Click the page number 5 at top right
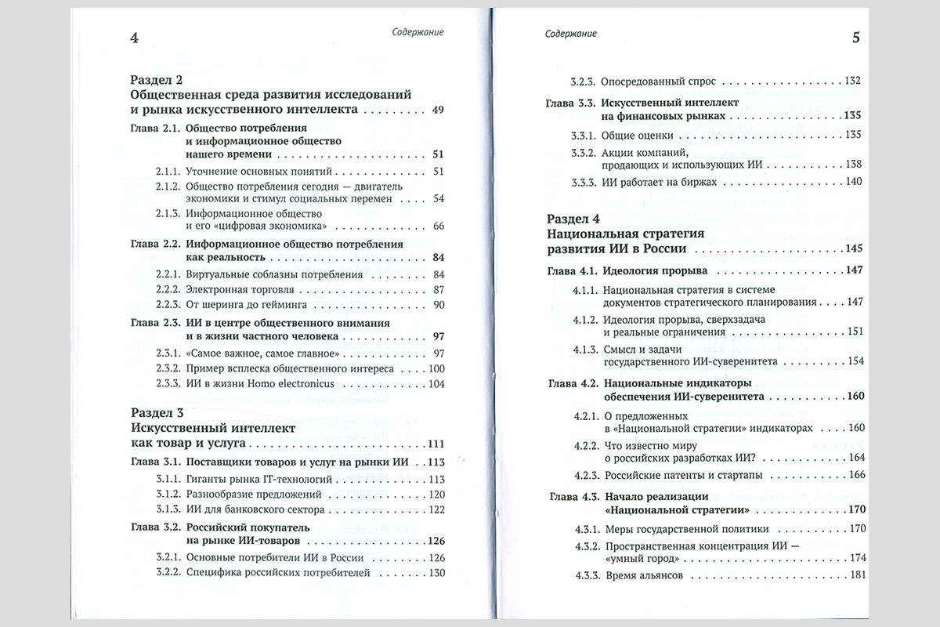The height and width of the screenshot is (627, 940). coord(855,38)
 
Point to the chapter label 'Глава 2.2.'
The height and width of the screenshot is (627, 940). coord(155,244)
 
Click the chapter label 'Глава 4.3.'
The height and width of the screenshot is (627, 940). coord(574,496)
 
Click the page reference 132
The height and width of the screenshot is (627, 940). coord(853,81)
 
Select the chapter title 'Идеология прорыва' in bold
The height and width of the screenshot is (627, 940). coord(655,270)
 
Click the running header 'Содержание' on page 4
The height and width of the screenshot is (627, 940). coord(418,33)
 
